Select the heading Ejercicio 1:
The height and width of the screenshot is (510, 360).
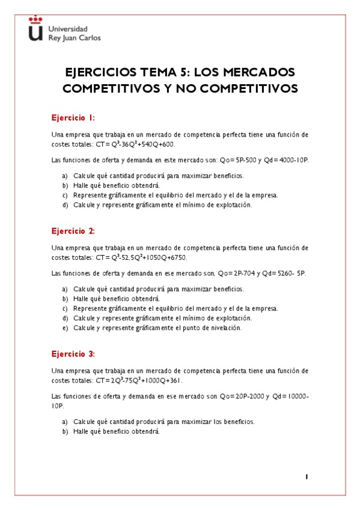tap(73, 118)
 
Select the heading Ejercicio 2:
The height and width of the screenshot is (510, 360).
tap(73, 231)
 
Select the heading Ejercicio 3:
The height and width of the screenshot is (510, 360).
tap(73, 354)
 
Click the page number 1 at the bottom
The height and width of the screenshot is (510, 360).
tap(307, 476)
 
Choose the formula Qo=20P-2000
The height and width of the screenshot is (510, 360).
tap(244, 396)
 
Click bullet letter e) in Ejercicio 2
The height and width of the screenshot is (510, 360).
tap(65, 328)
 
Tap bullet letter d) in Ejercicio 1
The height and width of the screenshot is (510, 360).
tap(65, 205)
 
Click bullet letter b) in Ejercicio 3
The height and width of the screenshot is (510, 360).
tap(65, 431)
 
